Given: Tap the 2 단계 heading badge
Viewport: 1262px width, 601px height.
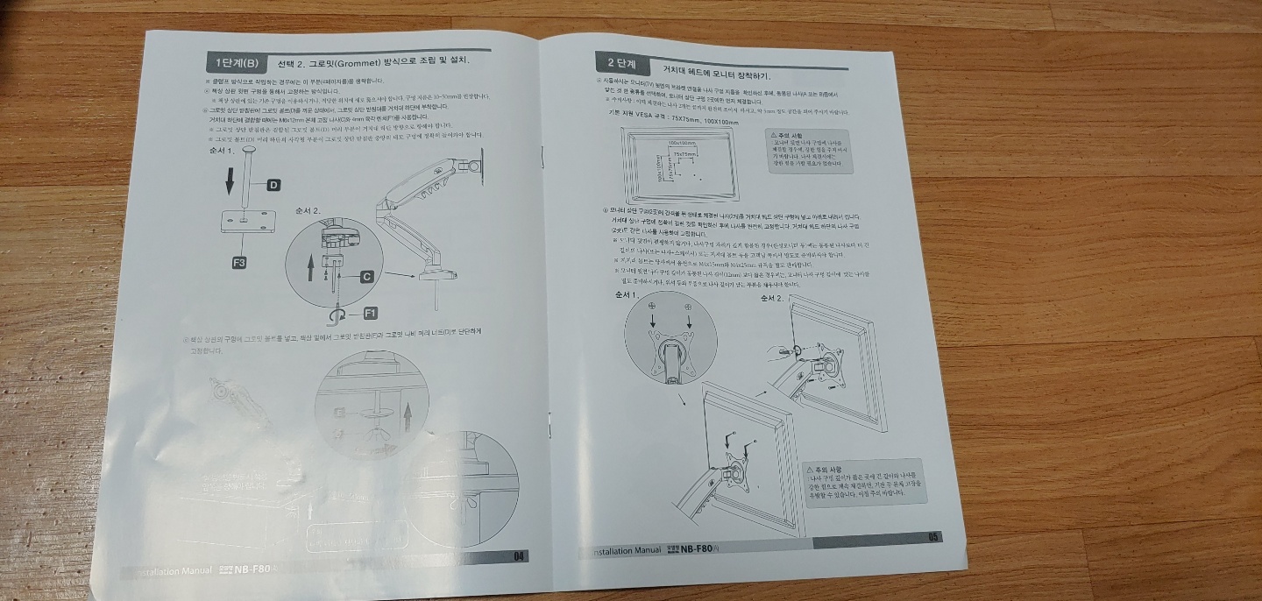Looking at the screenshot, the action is (621, 64).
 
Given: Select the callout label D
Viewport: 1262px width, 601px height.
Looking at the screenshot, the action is (273, 185).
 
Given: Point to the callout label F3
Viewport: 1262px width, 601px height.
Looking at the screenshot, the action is (239, 262).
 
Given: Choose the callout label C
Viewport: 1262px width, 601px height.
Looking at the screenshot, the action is (366, 277).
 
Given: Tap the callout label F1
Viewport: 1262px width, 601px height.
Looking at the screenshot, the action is (370, 313).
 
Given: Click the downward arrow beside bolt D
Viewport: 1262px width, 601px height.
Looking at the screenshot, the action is (230, 181).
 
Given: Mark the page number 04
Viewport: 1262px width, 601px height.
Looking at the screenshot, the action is (520, 556).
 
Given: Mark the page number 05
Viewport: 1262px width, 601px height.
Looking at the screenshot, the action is (933, 537).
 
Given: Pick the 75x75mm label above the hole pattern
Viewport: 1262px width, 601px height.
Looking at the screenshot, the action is (685, 154).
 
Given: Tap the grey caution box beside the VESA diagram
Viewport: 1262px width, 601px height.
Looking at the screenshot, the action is (809, 149).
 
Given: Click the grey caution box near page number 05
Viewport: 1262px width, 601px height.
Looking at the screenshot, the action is (864, 481).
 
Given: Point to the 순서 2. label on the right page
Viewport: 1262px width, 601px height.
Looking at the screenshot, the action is (772, 298).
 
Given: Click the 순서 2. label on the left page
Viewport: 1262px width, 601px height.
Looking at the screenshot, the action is (308, 211).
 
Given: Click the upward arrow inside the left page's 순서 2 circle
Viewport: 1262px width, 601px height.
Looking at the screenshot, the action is (310, 266).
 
